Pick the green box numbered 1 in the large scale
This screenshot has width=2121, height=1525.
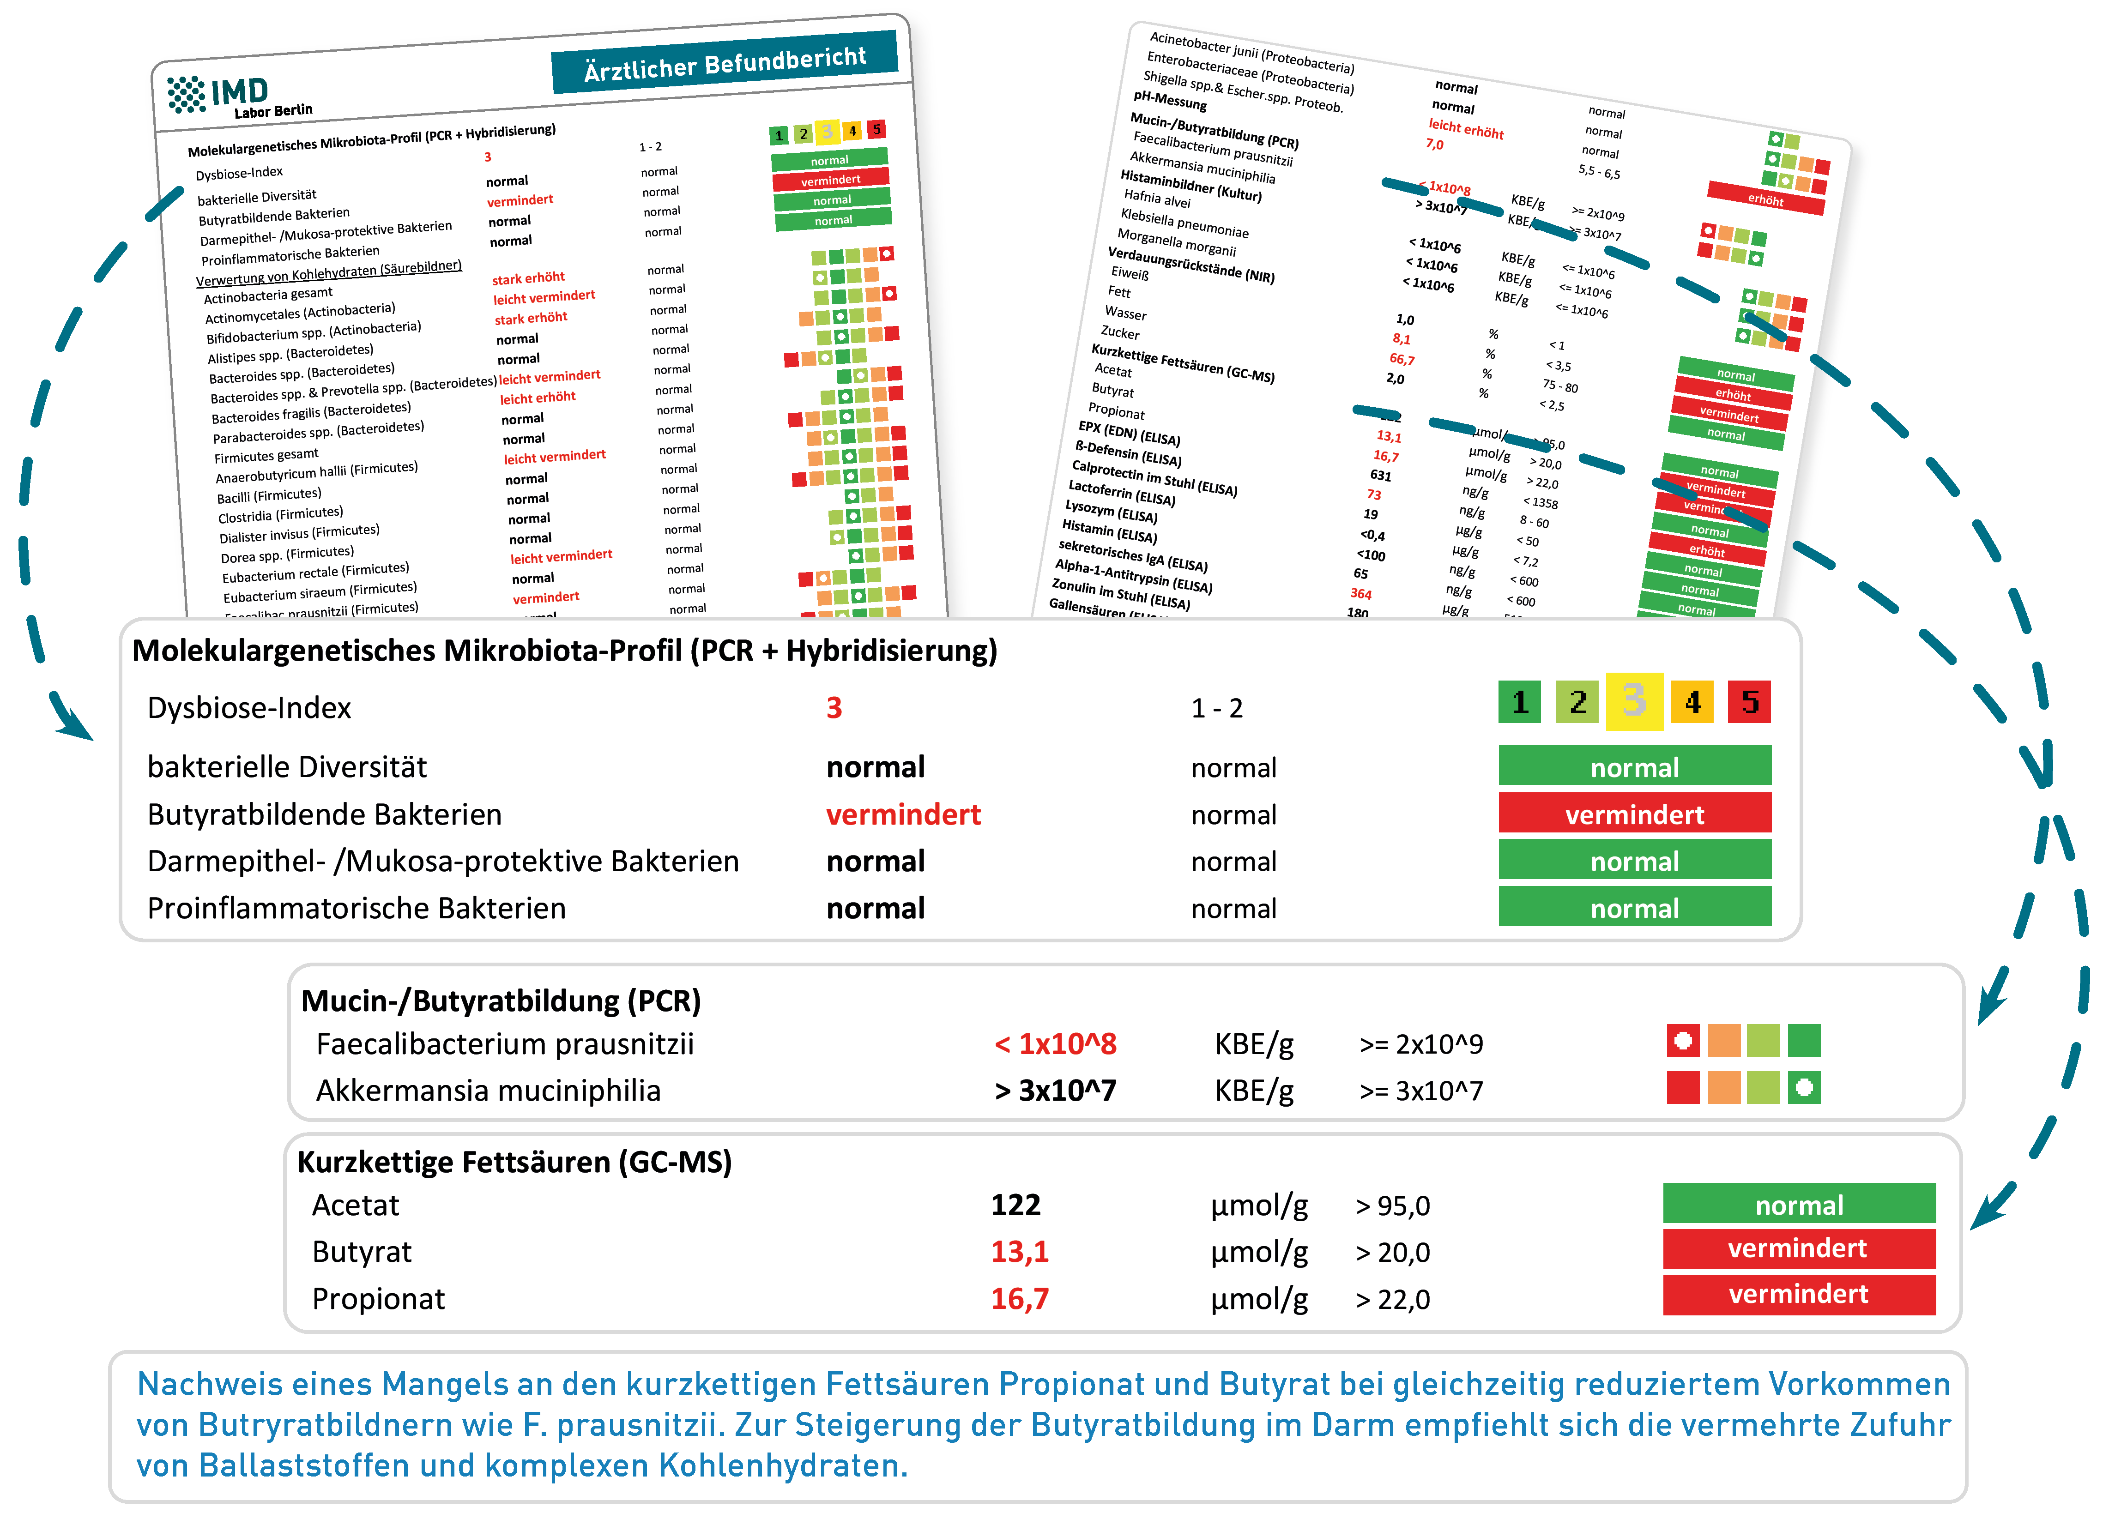1520,701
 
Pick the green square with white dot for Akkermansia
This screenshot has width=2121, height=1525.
1804,1087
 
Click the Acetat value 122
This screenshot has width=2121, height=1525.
1015,1205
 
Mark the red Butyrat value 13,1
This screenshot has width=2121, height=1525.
1019,1252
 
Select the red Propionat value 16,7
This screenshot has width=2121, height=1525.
1019,1299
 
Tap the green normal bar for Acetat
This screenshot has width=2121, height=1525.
1798,1204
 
